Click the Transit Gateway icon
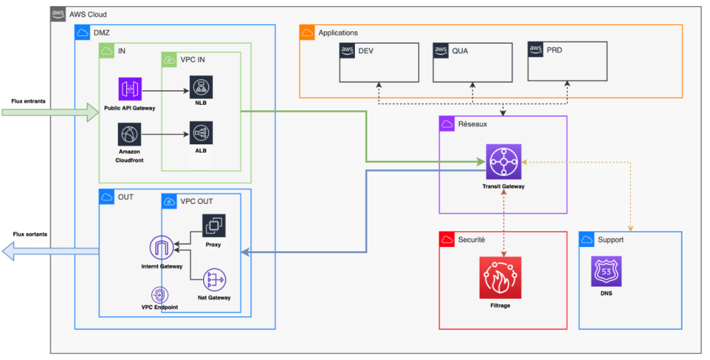tap(503, 162)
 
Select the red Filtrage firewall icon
tap(500, 277)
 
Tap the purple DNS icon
tap(606, 271)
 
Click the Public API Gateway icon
tap(130, 89)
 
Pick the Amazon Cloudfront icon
tap(130, 133)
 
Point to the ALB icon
tap(200, 133)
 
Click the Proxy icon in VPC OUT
tap(214, 226)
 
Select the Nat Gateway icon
tap(214, 280)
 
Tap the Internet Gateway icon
tap(162, 248)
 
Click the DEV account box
tap(379, 62)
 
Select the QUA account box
tap(473, 62)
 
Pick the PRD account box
tap(567, 62)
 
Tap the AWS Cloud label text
tap(88, 15)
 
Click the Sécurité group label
tap(471, 239)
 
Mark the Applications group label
tap(338, 33)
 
